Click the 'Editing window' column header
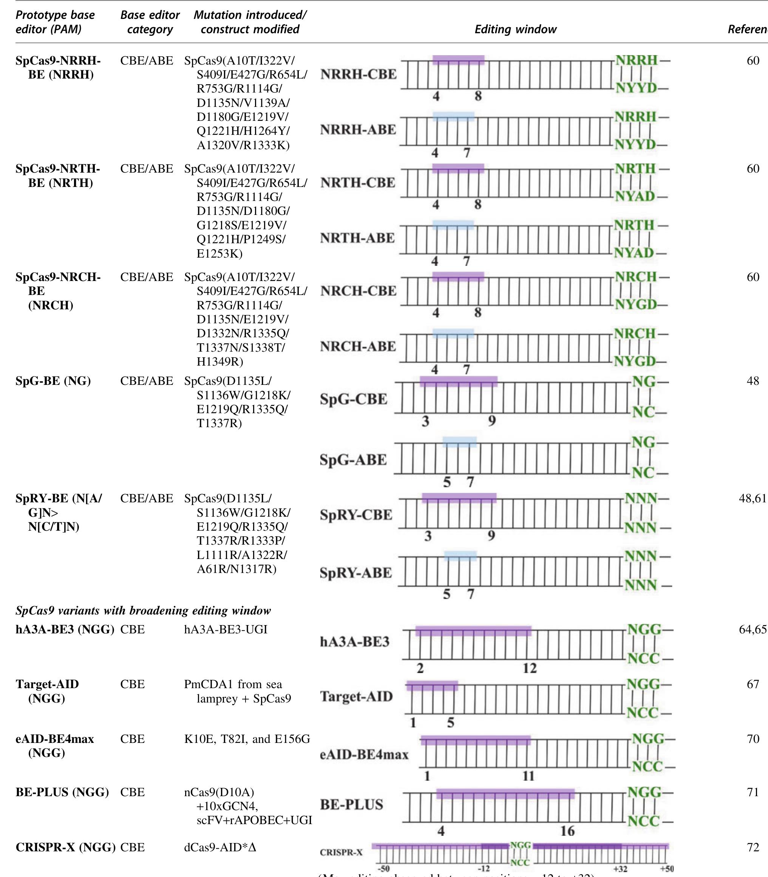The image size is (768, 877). pos(515,29)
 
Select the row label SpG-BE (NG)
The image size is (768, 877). pos(53,381)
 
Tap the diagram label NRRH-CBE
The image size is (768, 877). pos(358,74)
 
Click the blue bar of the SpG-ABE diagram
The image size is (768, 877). pos(459,442)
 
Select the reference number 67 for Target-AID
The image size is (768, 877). pos(753,684)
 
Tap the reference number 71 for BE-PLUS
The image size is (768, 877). pos(753,792)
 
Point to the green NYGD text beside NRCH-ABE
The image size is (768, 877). pos(635,361)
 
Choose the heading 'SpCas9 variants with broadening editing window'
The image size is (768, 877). pos(143,610)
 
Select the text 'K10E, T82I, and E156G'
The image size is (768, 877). pos(247,739)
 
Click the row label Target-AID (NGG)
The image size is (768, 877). pos(47,691)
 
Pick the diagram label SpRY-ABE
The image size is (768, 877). pos(356,573)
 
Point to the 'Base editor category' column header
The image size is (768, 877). pos(150,22)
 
